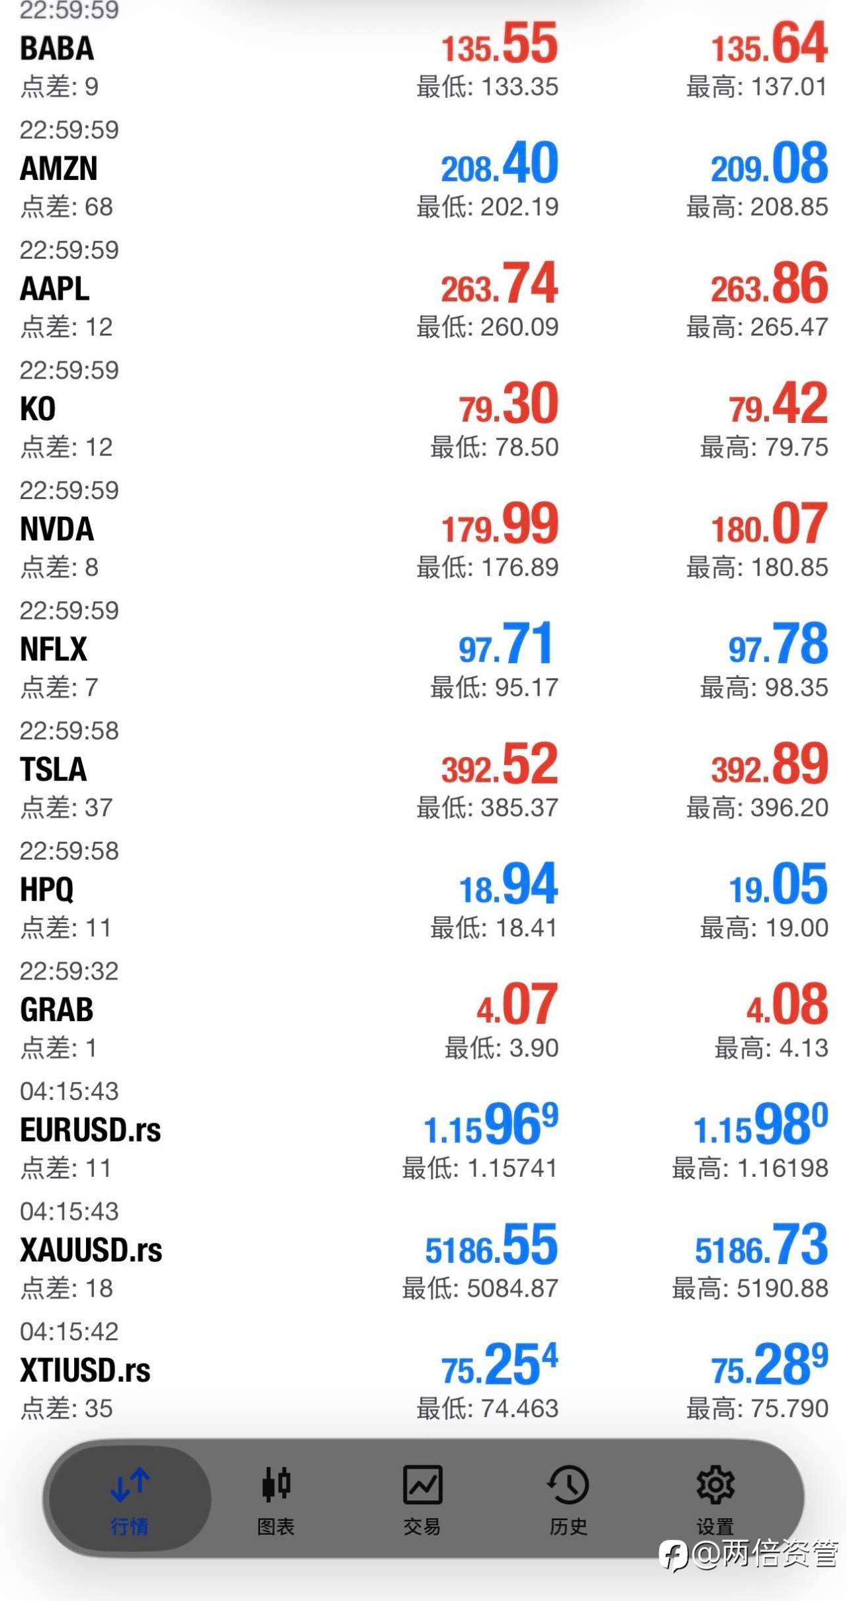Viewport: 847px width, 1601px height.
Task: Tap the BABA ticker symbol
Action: click(x=57, y=48)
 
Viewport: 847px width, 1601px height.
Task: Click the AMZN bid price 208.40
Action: click(x=500, y=163)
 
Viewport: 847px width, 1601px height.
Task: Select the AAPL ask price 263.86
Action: click(x=769, y=284)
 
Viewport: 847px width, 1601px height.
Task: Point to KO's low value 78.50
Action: click(x=494, y=447)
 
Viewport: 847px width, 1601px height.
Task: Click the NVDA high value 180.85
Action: click(x=757, y=567)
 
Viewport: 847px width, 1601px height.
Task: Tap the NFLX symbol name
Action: click(x=54, y=649)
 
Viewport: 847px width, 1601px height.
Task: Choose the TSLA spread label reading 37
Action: click(x=66, y=807)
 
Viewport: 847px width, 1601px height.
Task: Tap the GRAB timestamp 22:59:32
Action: click(x=69, y=971)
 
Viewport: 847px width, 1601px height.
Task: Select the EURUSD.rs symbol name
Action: click(x=91, y=1130)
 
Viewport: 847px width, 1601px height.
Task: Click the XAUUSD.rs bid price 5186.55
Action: click(x=491, y=1246)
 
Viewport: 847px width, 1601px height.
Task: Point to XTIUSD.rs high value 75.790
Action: click(x=757, y=1408)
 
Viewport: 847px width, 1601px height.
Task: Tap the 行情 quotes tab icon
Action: click(x=130, y=1485)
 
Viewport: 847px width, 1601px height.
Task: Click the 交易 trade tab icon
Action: click(x=422, y=1485)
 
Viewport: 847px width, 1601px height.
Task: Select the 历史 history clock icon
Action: click(x=568, y=1485)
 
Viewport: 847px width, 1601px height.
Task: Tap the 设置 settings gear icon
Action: click(x=715, y=1485)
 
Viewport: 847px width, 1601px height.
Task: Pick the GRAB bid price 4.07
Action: click(x=517, y=1005)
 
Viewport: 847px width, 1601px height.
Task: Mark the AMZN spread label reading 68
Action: click(x=66, y=207)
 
